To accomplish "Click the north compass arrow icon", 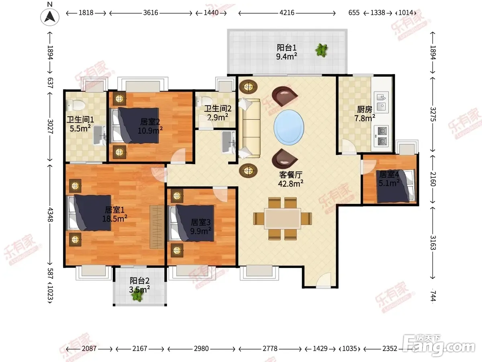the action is (50, 16).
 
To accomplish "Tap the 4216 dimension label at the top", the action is (287, 13).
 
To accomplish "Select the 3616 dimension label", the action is (151, 13).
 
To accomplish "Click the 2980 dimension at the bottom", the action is (201, 348).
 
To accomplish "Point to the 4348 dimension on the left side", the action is (50, 214).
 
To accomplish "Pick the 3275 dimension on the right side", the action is (433, 114).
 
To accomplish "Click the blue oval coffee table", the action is (289, 128).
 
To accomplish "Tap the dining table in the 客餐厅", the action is (283, 219).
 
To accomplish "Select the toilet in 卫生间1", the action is (76, 105).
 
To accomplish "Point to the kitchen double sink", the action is (381, 102).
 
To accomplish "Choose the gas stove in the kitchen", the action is (381, 136).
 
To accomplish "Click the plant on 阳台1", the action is (322, 50).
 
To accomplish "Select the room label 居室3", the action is (201, 222).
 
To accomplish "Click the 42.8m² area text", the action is (291, 183).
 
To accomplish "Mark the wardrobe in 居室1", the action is (157, 227).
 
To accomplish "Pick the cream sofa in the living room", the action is (249, 128).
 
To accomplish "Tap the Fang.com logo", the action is (439, 345).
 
